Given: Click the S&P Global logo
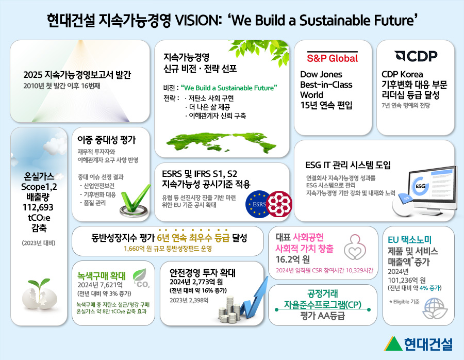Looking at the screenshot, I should (332, 57).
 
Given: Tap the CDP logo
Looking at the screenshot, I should (415, 56).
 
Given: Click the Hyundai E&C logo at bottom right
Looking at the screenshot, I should (419, 343).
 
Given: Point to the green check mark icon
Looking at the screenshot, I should (134, 206).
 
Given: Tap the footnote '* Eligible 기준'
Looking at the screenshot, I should (405, 301).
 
